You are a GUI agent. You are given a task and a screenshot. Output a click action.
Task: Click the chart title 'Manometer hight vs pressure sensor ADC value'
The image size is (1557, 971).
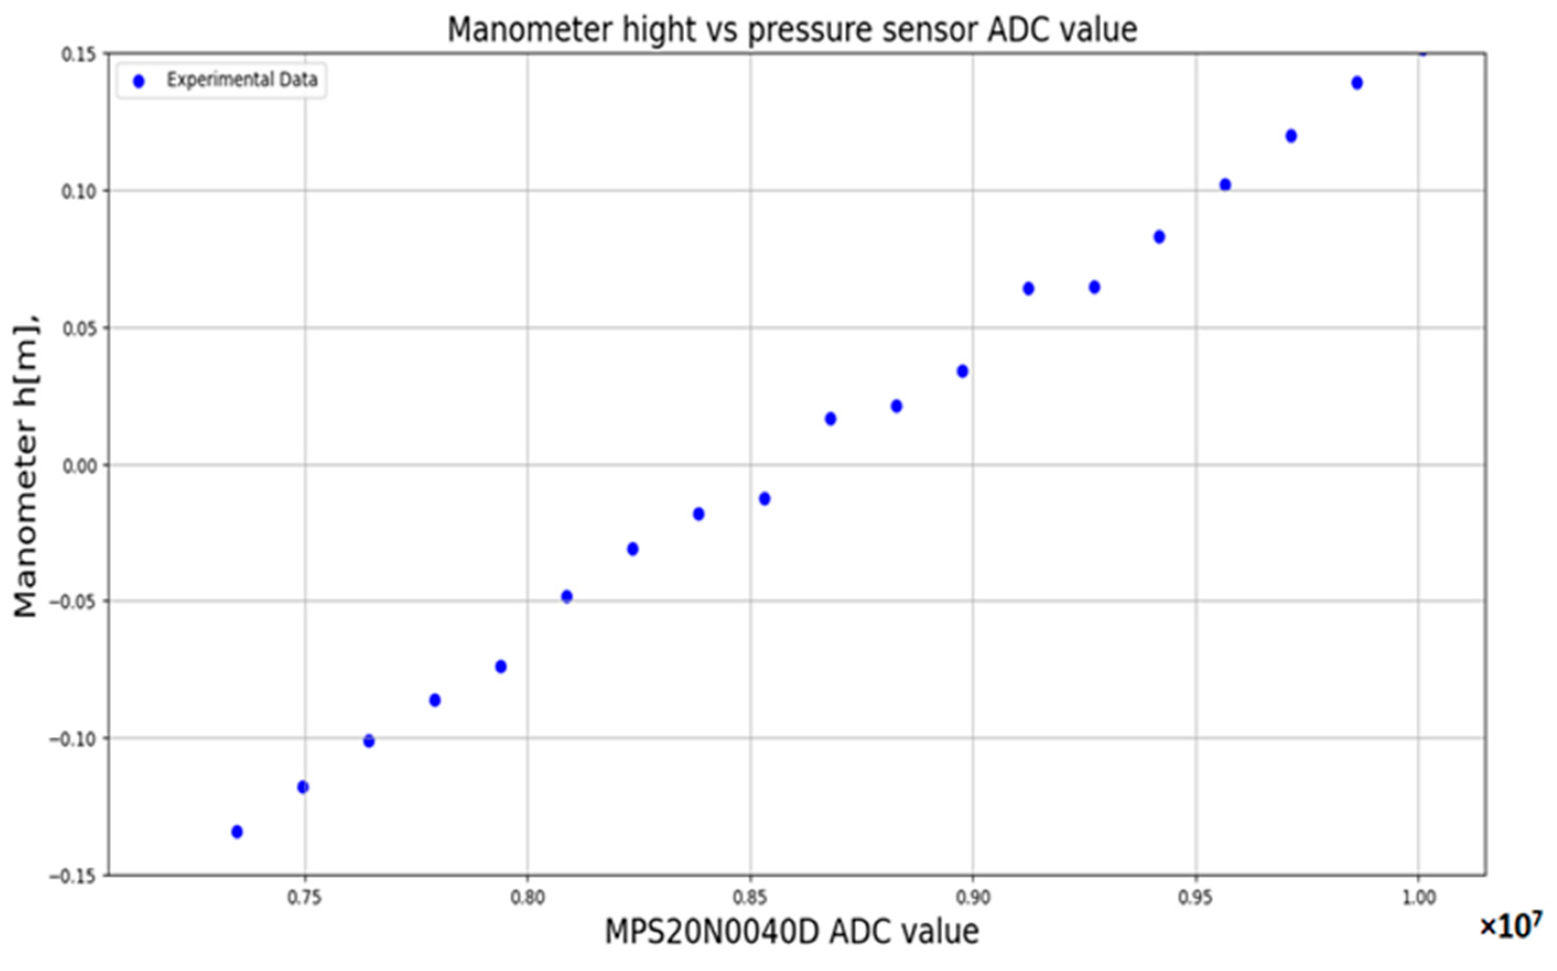click(x=792, y=30)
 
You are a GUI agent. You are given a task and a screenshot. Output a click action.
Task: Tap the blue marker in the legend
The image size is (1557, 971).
click(x=138, y=81)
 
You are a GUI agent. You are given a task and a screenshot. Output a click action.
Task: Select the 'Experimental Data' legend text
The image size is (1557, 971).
click(x=242, y=80)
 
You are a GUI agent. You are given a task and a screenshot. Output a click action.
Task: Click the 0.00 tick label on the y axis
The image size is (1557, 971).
click(x=78, y=466)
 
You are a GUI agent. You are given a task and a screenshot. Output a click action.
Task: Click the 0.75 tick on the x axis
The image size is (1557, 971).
click(x=305, y=898)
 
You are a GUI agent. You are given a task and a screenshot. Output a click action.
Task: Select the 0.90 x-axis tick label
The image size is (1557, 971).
click(x=972, y=898)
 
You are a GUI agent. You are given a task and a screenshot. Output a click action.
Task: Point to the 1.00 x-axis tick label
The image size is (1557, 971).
click(x=1418, y=898)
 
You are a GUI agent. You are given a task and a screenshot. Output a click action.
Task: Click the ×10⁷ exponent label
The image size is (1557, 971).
click(x=1510, y=927)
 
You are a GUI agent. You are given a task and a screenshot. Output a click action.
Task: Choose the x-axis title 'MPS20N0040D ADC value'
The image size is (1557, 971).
click(x=792, y=932)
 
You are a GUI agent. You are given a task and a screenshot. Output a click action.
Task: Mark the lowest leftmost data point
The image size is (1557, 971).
click(x=236, y=832)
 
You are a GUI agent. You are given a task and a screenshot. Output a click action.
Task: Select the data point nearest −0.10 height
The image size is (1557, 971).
click(x=368, y=741)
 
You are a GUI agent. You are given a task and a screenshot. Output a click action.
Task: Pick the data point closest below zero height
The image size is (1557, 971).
click(x=764, y=499)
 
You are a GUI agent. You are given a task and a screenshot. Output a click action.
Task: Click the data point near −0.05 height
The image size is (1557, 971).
click(x=566, y=597)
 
